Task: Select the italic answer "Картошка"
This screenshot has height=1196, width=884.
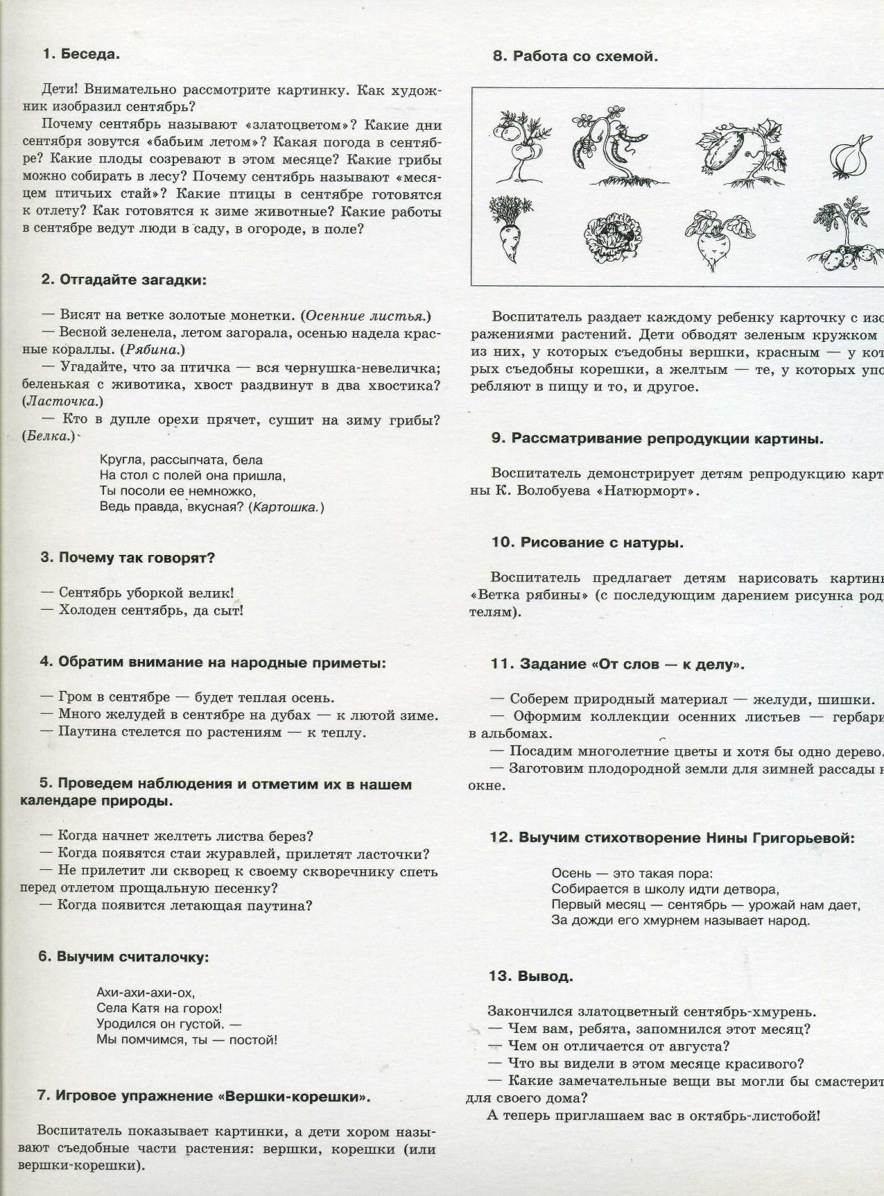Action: pos(286,507)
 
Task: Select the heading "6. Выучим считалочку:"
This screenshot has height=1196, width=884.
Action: pos(123,957)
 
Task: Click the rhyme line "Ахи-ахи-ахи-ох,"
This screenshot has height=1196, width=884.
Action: pos(146,992)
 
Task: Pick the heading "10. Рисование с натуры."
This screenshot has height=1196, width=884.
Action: pos(587,543)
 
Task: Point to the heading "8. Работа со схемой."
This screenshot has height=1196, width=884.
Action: pos(575,57)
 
